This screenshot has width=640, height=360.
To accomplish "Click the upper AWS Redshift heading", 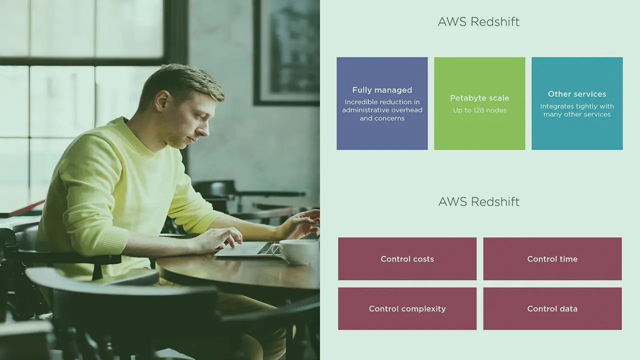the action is point(478,21).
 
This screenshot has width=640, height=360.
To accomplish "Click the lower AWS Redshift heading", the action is point(478,201).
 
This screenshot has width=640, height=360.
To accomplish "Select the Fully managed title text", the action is point(382,90).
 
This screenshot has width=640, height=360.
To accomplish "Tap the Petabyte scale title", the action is point(479,98).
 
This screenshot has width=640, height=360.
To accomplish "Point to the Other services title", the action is point(577,94).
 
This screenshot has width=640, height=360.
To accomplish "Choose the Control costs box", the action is point(407,259).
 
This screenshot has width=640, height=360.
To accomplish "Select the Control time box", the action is point(552,259).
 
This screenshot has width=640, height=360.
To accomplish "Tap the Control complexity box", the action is point(407,309).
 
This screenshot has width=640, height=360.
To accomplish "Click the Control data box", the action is point(552,309).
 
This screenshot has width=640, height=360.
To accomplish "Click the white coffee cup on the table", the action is point(295,251).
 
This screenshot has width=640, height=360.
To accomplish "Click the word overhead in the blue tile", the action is point(406,110).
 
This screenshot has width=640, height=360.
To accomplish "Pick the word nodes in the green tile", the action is point(497,110).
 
